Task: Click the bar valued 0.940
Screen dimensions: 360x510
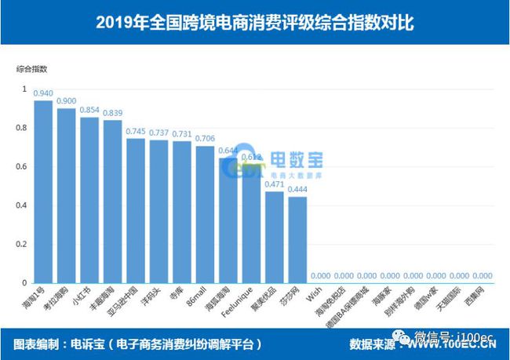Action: [x=43, y=191]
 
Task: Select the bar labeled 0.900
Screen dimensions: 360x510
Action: [x=67, y=195]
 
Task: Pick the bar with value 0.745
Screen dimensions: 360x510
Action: [x=136, y=210]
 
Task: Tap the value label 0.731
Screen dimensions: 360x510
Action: [x=182, y=133]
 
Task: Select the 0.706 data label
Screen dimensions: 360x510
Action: [x=205, y=138]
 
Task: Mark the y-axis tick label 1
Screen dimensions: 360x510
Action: [x=24, y=89]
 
